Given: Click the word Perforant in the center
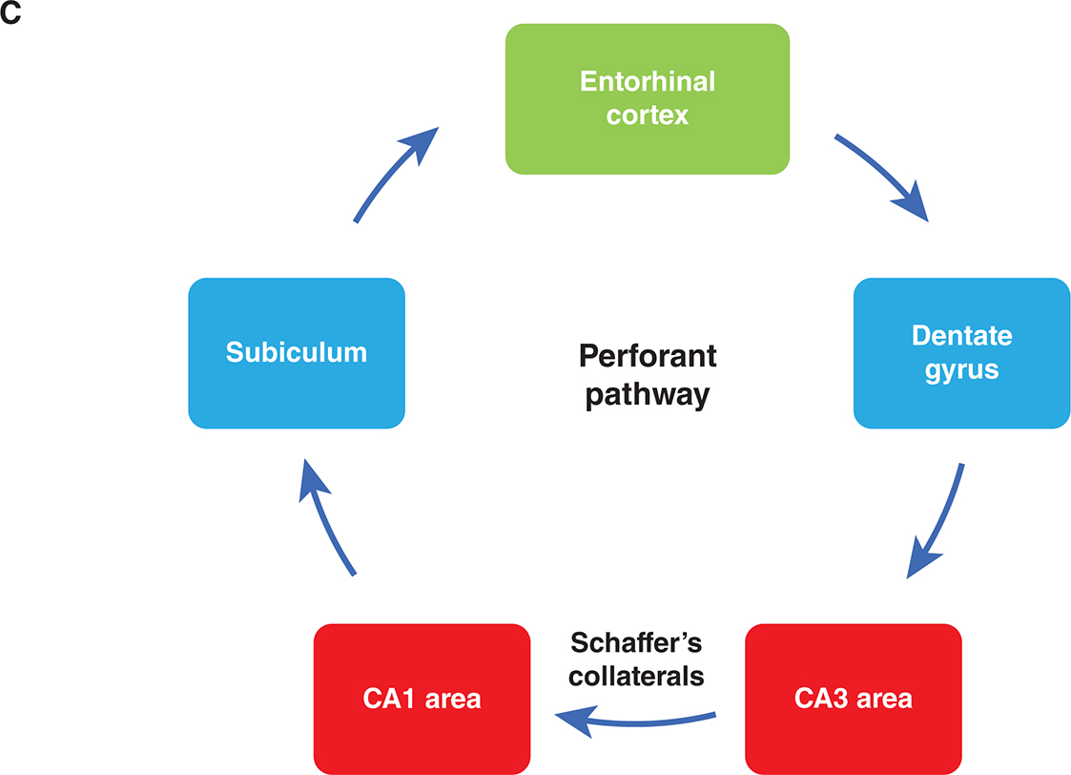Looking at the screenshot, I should [x=647, y=357].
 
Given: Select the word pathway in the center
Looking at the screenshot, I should [x=647, y=393].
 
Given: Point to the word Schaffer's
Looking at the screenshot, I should [x=635, y=641].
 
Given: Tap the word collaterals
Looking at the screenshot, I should [x=635, y=676].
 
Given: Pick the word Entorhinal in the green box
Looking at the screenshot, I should [x=647, y=81].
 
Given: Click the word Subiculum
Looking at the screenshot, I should [x=297, y=352].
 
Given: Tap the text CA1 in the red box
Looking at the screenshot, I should [x=386, y=698].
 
